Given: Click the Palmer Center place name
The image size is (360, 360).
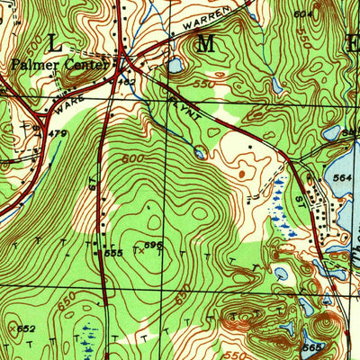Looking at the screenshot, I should tap(60, 65).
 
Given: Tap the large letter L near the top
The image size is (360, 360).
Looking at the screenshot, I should tap(57, 42).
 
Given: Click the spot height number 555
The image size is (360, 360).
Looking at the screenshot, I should tap(113, 255).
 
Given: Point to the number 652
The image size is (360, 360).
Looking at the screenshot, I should tap(25, 329).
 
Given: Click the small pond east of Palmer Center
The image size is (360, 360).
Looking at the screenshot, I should tap(175, 67).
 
